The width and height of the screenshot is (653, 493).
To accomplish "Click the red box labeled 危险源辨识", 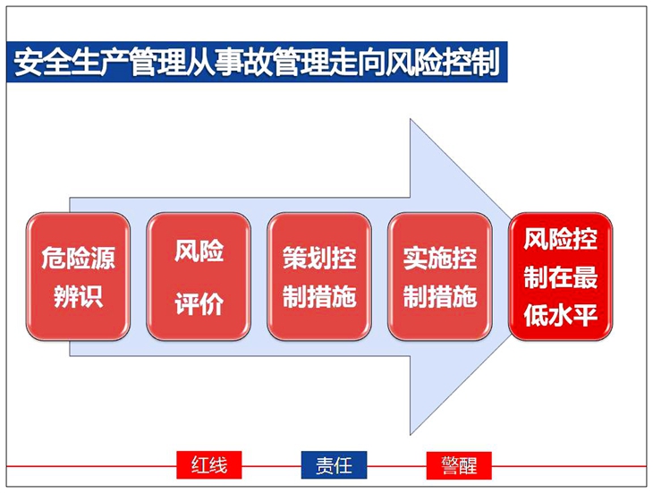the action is pos(78,276).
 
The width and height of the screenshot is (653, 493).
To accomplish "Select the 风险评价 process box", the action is pos(199,276).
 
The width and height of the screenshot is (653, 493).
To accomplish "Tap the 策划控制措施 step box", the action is pos(319,276).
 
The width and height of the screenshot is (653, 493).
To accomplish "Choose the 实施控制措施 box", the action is pos(440,276).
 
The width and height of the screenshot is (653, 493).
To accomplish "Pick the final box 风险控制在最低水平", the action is pos(561,276).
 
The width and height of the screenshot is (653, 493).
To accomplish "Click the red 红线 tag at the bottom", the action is pos(209,465).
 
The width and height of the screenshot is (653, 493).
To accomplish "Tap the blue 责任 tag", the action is pos(334,465).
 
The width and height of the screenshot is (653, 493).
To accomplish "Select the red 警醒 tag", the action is pos(459,465).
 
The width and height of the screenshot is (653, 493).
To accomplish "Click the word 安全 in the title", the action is pos(42,63).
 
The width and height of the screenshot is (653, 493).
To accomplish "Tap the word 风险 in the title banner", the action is pos(414,63).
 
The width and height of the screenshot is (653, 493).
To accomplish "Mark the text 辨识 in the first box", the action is pos(78,296).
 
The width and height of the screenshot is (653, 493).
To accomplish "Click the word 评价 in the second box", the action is pos(199,303).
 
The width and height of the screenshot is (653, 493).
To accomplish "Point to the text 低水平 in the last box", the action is pos(561,315).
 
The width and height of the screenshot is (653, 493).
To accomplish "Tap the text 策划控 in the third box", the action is pos(319,258).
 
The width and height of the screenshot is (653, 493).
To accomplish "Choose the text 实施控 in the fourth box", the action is pos(440,258).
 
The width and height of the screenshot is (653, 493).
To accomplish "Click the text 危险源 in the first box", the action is pos(78,258).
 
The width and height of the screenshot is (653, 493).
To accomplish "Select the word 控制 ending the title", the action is pos(471,63).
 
